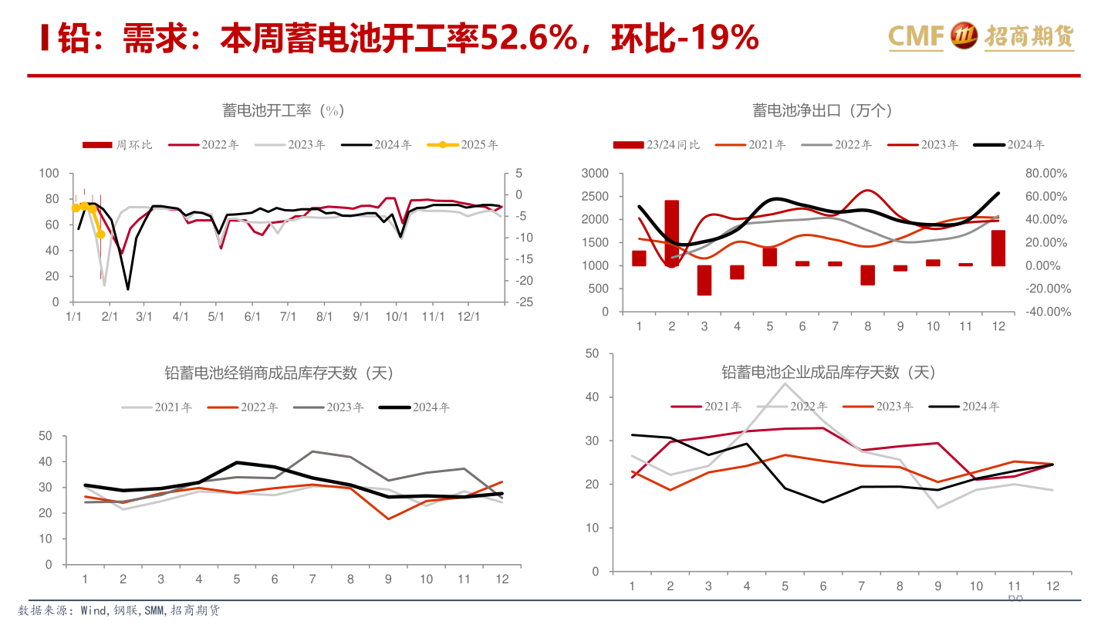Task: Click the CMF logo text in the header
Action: pos(917,35)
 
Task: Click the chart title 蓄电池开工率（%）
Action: pos(283,110)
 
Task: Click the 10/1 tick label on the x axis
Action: pos(397,317)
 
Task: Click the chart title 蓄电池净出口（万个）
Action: pos(822,110)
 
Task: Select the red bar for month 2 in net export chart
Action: pos(672,233)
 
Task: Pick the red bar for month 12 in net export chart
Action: pos(998,248)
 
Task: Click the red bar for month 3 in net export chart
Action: pos(704,280)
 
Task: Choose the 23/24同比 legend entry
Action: pos(657,144)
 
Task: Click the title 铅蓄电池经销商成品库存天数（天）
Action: pos(279,373)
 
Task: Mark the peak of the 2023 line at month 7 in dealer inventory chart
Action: pos(312,451)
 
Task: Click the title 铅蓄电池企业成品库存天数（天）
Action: pos(829,373)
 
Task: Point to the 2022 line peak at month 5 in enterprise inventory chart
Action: pos(785,383)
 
